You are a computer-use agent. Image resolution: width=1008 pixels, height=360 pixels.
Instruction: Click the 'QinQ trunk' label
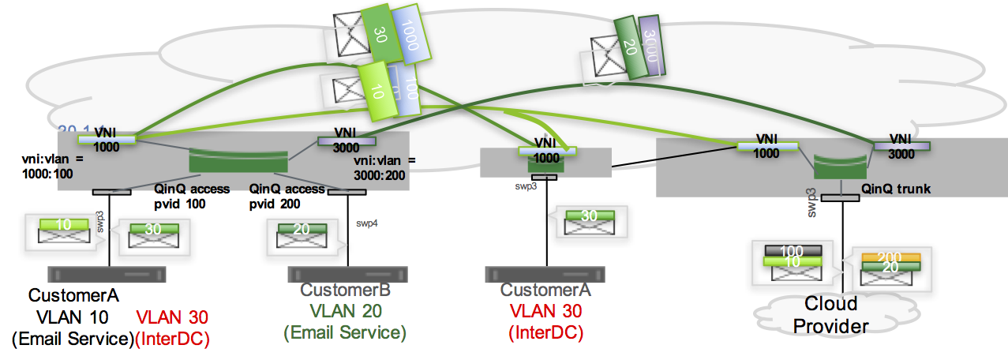click(896, 189)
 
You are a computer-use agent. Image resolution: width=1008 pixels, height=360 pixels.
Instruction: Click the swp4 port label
click(367, 223)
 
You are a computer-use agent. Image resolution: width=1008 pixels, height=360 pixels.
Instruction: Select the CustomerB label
click(345, 291)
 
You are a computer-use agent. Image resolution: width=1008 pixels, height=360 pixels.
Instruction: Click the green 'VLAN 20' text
click(345, 312)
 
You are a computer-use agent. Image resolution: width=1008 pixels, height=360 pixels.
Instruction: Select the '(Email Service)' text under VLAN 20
click(345, 332)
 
